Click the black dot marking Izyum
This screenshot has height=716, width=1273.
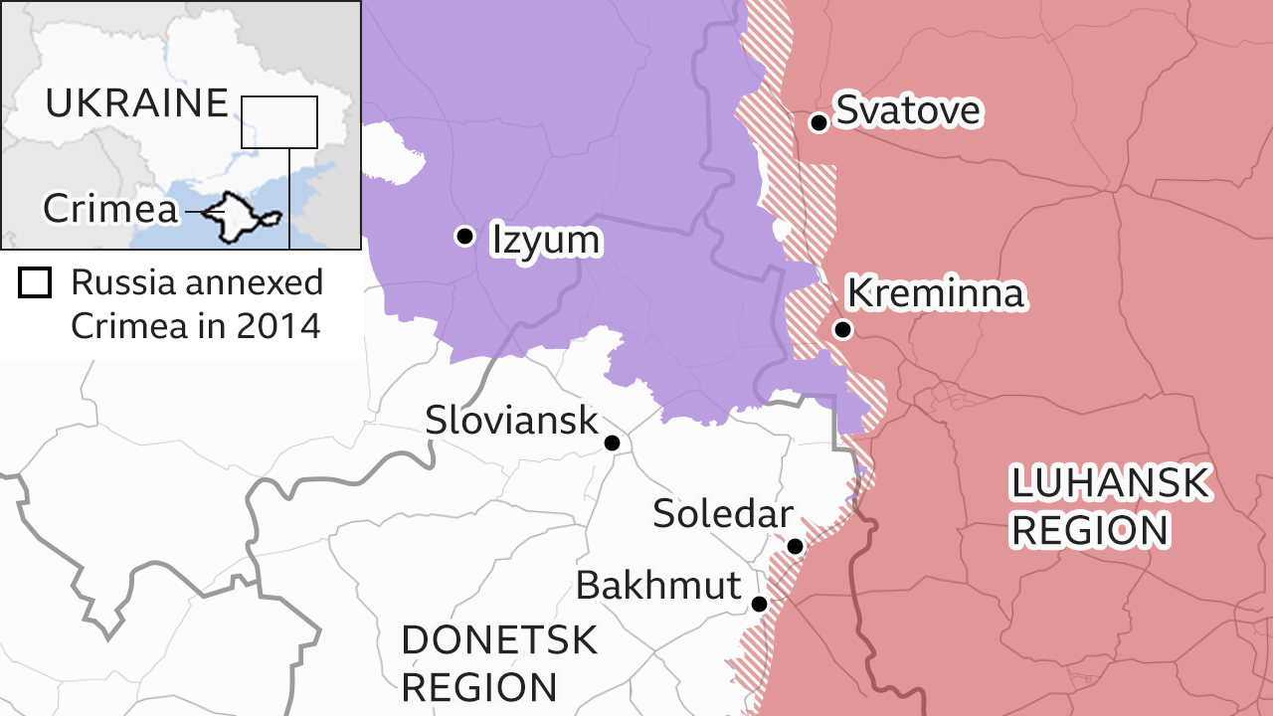tap(463, 236)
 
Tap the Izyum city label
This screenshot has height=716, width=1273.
tap(546, 240)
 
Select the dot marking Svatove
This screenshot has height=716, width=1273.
tap(818, 122)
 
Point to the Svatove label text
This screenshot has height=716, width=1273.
tap(908, 110)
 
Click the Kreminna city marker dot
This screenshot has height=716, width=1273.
tap(842, 329)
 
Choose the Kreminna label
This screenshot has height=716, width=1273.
tap(934, 293)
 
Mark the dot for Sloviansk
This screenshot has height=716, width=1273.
tap(613, 443)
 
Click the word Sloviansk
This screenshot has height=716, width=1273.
tap(511, 420)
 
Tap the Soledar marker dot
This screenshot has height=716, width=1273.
tap(795, 546)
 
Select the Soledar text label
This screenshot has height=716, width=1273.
tap(722, 514)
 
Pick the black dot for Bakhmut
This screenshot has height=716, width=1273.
tap(759, 604)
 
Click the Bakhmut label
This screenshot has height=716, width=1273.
tap(658, 585)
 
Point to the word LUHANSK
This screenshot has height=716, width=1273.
tap(1110, 484)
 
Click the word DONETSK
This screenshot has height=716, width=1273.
tap(499, 640)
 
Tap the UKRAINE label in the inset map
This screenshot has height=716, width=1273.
tap(136, 103)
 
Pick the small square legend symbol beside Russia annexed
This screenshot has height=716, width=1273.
tap(35, 283)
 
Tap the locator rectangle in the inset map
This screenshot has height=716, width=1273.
tap(278, 121)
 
